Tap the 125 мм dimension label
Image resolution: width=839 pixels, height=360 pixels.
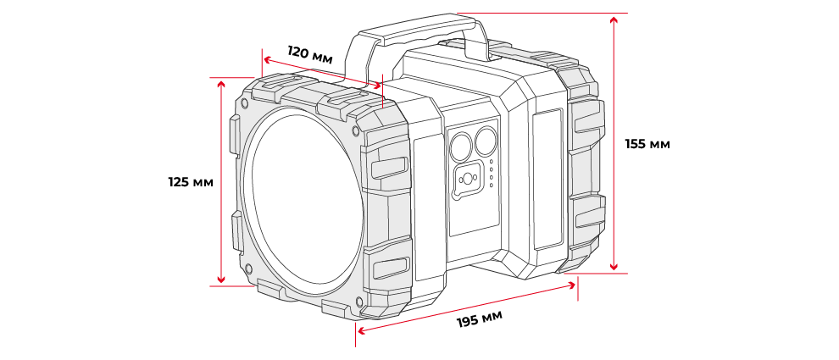(x=190, y=182)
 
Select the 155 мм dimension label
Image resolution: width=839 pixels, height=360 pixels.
(x=647, y=144)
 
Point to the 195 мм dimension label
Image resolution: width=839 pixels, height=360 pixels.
(x=480, y=321)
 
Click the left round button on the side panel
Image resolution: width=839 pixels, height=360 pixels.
(x=461, y=147)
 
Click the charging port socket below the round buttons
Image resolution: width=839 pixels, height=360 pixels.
(x=468, y=180)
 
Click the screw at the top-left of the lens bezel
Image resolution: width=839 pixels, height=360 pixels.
(x=246, y=103)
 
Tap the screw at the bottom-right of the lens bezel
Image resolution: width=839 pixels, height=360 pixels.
(x=359, y=301)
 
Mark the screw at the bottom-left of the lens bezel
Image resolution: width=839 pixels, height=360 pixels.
(x=248, y=269)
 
